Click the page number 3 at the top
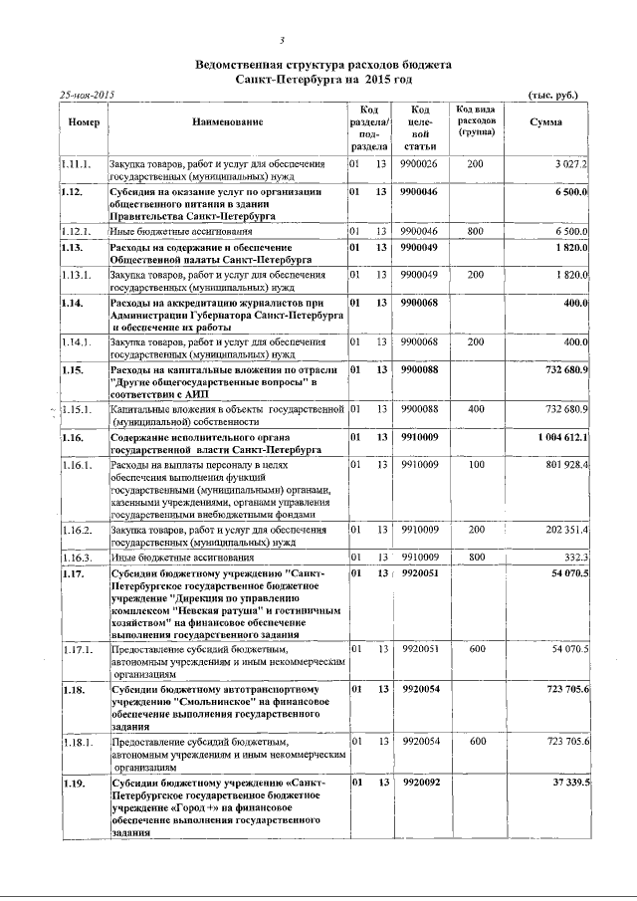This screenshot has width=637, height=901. pos(284,41)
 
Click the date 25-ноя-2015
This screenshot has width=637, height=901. pos(89,95)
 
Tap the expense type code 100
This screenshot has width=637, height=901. pos(476,464)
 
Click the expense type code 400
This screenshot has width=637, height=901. pos(476,409)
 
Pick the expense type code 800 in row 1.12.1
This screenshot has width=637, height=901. pos(476,231)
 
